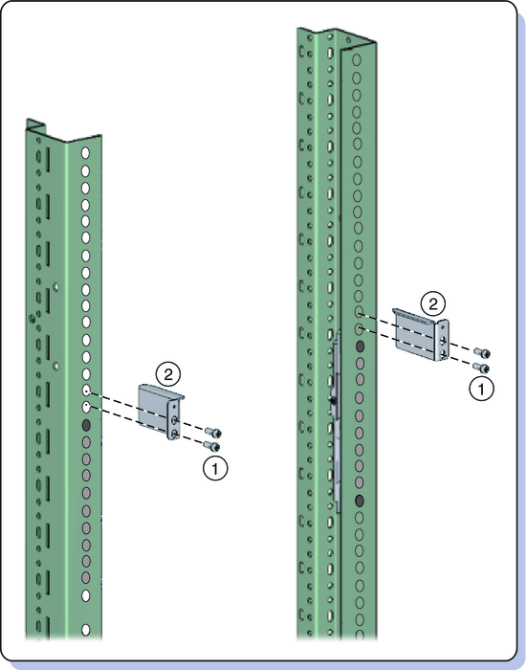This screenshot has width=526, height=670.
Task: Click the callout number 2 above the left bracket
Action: pyautogui.click(x=168, y=375)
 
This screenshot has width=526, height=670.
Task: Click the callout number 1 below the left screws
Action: pyautogui.click(x=215, y=468)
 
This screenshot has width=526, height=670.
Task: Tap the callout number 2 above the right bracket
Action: pyautogui.click(x=433, y=304)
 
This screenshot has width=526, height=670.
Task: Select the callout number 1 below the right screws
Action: pyautogui.click(x=481, y=389)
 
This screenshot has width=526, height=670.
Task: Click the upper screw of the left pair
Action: pyautogui.click(x=213, y=433)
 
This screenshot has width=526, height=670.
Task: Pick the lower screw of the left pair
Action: pyautogui.click(x=211, y=446)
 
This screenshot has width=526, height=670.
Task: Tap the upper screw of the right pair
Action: pyautogui.click(x=482, y=353)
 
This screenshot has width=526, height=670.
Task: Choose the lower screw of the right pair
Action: pyautogui.click(x=481, y=367)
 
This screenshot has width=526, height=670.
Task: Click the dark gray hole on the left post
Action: pyautogui.click(x=86, y=425)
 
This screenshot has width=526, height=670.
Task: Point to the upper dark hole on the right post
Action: pyautogui.click(x=360, y=346)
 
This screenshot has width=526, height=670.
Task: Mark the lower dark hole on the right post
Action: pyautogui.click(x=360, y=501)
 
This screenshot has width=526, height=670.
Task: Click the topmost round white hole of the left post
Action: pyautogui.click(x=85, y=153)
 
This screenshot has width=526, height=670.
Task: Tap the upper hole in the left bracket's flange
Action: pyautogui.click(x=174, y=420)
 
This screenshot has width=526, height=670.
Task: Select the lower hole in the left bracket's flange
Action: pyautogui.click(x=174, y=434)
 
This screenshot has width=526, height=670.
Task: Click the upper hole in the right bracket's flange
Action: pyautogui.click(x=443, y=341)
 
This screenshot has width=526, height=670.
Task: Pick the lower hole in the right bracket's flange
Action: pyautogui.click(x=443, y=353)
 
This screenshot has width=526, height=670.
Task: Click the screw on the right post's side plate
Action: pyautogui.click(x=332, y=401)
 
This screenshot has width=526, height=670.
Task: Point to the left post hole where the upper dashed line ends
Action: pyautogui.click(x=86, y=391)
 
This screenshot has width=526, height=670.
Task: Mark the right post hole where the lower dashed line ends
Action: pyautogui.click(x=360, y=329)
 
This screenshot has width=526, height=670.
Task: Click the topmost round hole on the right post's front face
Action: pyautogui.click(x=357, y=59)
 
